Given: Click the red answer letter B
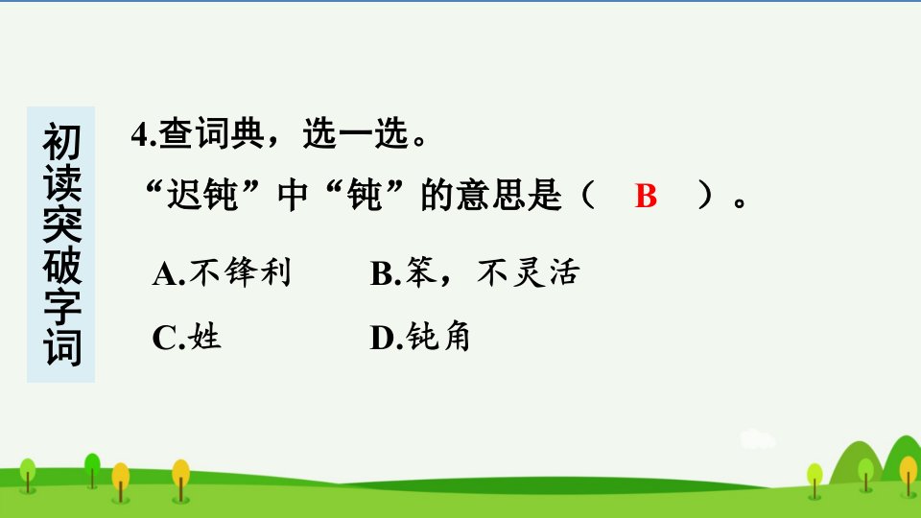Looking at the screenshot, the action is point(646,196).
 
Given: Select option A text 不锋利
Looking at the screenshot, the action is point(240,272).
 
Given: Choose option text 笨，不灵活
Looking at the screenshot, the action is point(492,272).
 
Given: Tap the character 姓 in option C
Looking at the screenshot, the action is point(204,337).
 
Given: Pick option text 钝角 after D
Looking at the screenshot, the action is point(438,337).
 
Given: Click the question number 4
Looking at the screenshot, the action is point(140,134).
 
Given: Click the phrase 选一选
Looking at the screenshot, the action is point(355,133).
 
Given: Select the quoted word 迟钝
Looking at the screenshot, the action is point(202,195).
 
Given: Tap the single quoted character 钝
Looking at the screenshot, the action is point(365,195).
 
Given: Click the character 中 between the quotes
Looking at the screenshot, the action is point(293,195).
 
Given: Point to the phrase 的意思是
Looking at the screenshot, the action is point(491,195).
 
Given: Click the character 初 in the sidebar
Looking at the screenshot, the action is point(61,142).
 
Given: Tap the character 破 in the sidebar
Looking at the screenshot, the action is point(61,266).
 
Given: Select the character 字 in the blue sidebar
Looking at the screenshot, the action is point(61,307).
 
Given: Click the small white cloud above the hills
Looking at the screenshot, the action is point(757,440).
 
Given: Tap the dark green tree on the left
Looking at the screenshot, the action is point(92,470).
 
